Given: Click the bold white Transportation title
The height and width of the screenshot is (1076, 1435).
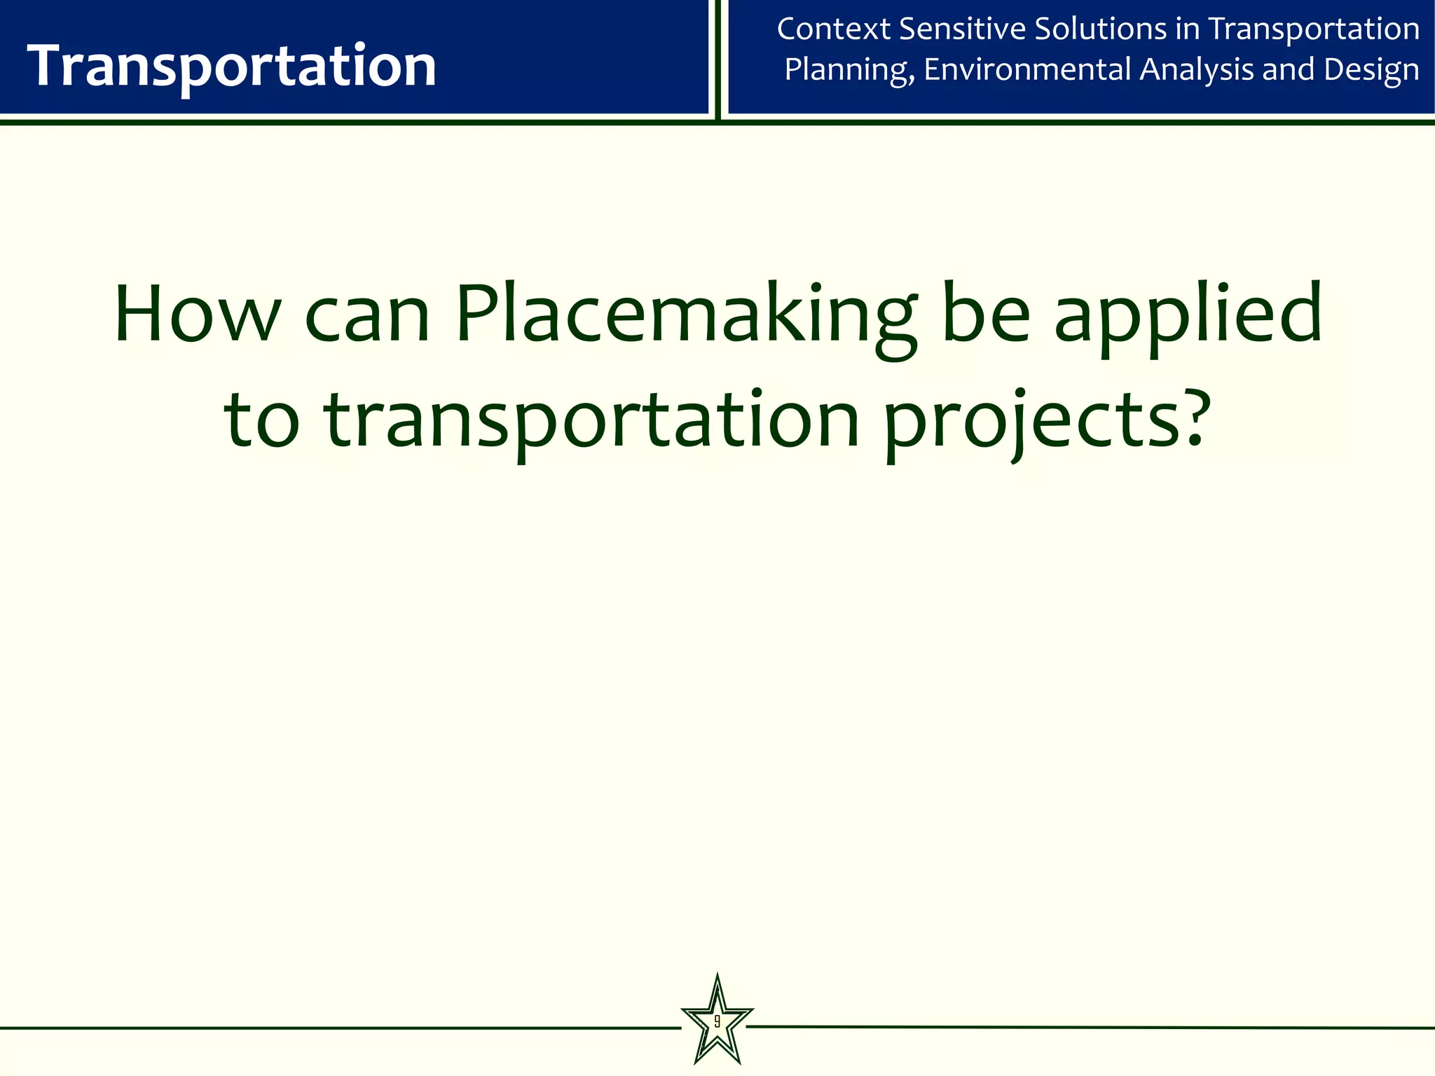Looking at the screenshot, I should click(x=231, y=66).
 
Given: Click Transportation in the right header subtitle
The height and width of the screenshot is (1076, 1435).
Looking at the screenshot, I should click(x=1314, y=29).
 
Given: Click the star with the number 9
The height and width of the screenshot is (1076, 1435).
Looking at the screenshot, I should click(x=717, y=1021).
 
